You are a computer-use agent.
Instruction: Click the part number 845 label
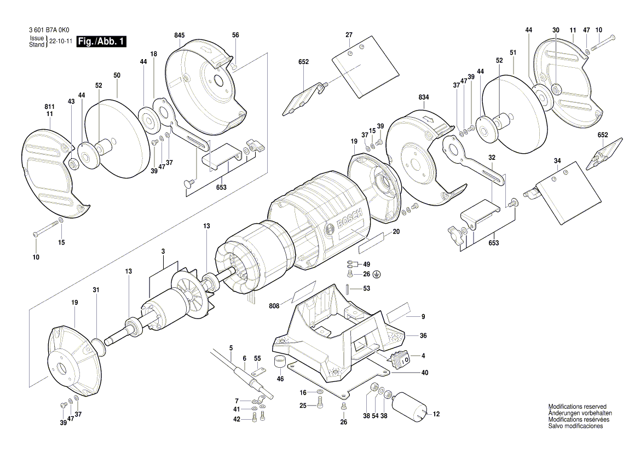pyautogui.click(x=179, y=35)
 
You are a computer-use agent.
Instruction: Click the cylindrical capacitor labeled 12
pyautogui.click(x=411, y=407)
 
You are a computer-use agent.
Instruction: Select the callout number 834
pyautogui.click(x=424, y=97)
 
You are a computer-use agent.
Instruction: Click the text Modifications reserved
pyautogui.click(x=578, y=407)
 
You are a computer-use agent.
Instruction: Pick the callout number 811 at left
pyautogui.click(x=49, y=107)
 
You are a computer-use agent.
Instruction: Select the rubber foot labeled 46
pyautogui.click(x=280, y=361)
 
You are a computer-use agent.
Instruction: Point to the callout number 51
pyautogui.click(x=513, y=53)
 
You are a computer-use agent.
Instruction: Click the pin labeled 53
pyautogui.click(x=349, y=288)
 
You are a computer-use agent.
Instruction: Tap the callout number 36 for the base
pyautogui.click(x=423, y=335)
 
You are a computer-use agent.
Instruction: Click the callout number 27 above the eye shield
pyautogui.click(x=348, y=35)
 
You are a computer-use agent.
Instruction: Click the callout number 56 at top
pyautogui.click(x=235, y=35)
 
